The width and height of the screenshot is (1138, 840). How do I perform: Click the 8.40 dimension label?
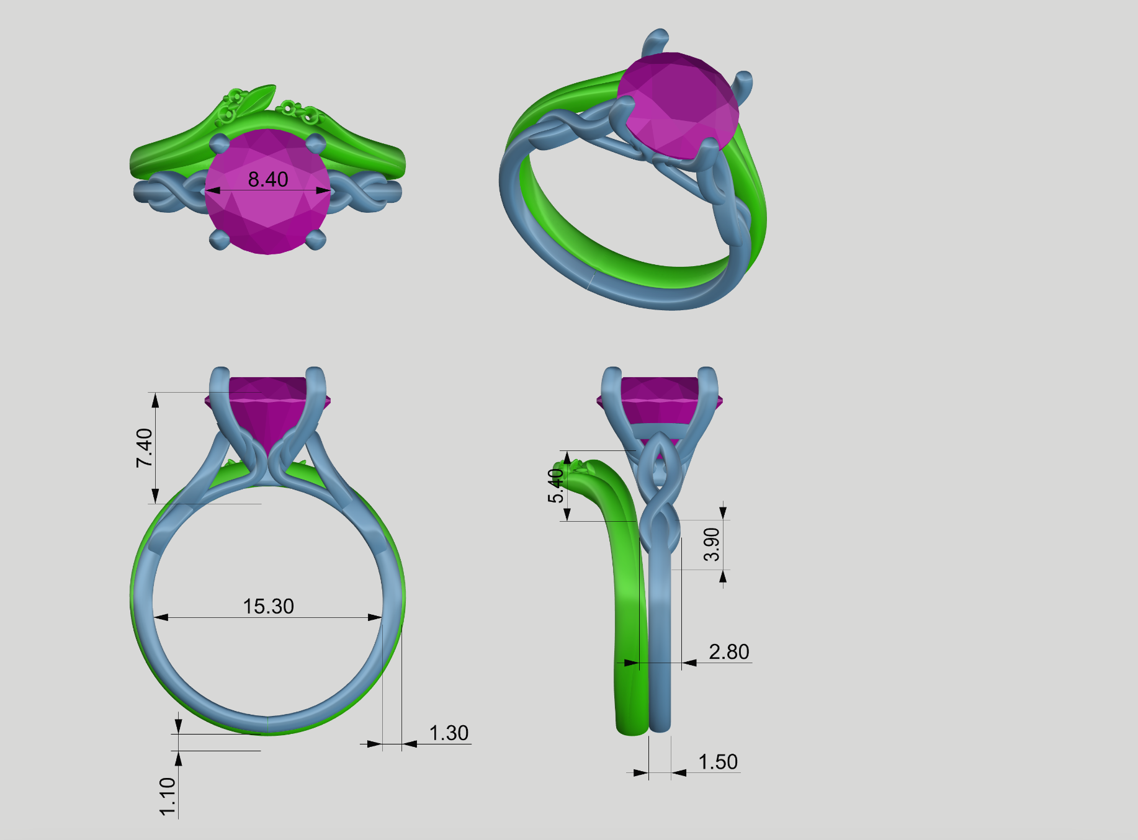point(268,179)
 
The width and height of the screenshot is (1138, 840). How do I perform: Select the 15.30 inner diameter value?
point(268,606)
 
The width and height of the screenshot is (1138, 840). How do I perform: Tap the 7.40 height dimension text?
point(144,448)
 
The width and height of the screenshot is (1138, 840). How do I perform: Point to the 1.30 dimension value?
point(449,733)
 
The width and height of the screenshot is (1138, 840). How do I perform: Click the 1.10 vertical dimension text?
point(168,797)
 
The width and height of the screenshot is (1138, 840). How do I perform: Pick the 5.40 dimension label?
point(556,485)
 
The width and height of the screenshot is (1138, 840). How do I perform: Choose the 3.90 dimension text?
point(712,545)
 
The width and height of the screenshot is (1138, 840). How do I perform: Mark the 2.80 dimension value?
point(729,651)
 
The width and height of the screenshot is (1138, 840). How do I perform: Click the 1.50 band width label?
point(718,762)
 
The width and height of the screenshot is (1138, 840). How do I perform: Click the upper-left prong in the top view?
point(219,144)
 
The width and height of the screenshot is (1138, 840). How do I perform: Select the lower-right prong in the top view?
point(316,239)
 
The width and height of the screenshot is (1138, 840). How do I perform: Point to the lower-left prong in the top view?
point(219,239)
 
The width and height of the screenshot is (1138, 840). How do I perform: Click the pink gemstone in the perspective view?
point(679,105)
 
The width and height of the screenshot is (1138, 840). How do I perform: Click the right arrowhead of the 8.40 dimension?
point(323,190)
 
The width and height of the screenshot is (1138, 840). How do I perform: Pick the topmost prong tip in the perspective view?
point(656,37)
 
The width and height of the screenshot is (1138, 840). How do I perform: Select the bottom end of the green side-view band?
point(632,726)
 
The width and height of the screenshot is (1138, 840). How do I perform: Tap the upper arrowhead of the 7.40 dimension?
point(155,400)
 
